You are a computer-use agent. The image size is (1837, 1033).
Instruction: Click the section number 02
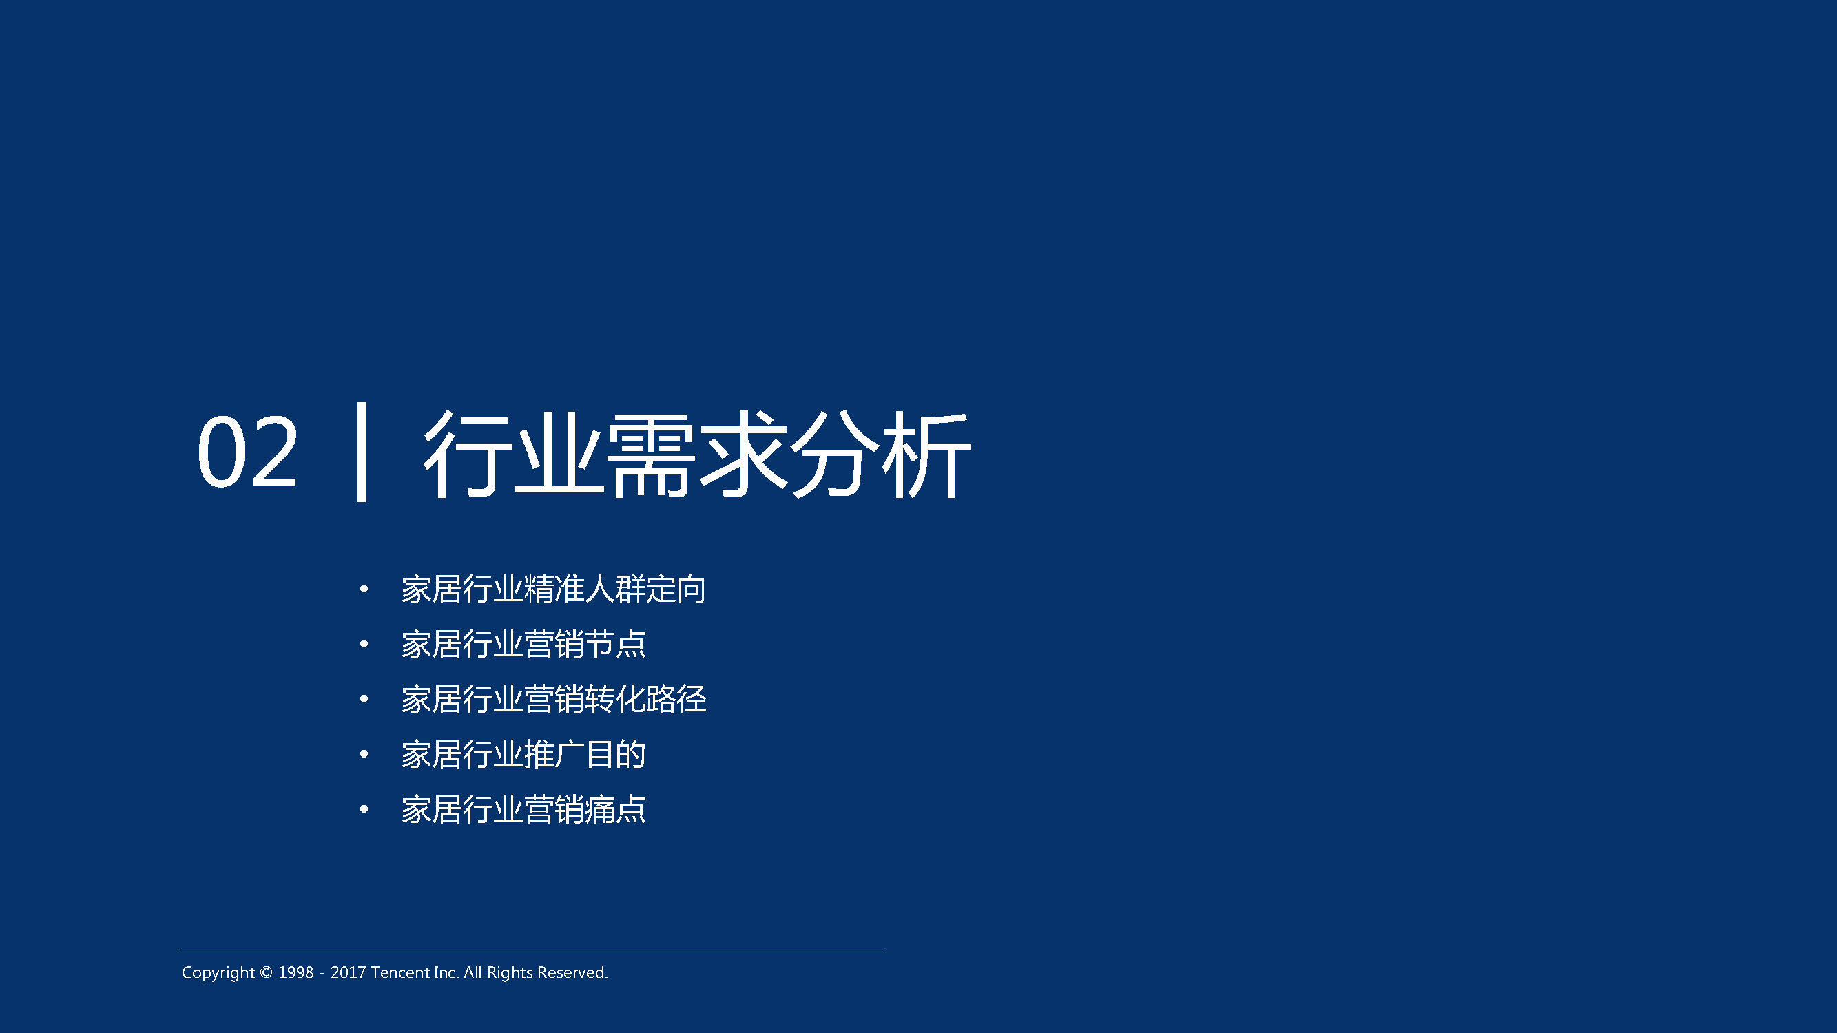point(247,452)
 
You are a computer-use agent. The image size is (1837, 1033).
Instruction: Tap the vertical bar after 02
point(362,452)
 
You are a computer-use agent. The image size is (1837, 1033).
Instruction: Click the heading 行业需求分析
point(697,453)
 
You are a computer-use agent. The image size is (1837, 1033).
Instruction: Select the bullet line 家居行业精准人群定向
point(553,589)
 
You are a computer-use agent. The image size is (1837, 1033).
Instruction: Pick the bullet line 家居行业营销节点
point(523,645)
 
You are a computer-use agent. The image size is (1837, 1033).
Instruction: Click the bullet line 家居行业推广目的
point(523,754)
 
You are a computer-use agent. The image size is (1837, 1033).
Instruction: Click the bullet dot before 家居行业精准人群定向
point(364,589)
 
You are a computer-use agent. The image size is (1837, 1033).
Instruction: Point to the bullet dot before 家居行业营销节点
point(364,644)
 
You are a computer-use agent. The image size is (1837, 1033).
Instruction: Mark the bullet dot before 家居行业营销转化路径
point(364,698)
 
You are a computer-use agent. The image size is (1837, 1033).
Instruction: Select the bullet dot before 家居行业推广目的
point(364,754)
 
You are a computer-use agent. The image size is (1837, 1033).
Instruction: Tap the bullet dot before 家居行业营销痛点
point(364,809)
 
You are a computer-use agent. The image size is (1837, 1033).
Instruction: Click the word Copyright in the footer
point(218,973)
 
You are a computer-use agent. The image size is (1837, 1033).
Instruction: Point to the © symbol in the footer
point(266,973)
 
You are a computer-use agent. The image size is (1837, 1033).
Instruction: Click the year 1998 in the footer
point(296,972)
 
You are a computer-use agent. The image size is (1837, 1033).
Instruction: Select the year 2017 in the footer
point(348,972)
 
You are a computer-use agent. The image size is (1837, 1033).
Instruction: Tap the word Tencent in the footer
point(400,972)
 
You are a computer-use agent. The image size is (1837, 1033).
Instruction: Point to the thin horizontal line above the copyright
point(533,950)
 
